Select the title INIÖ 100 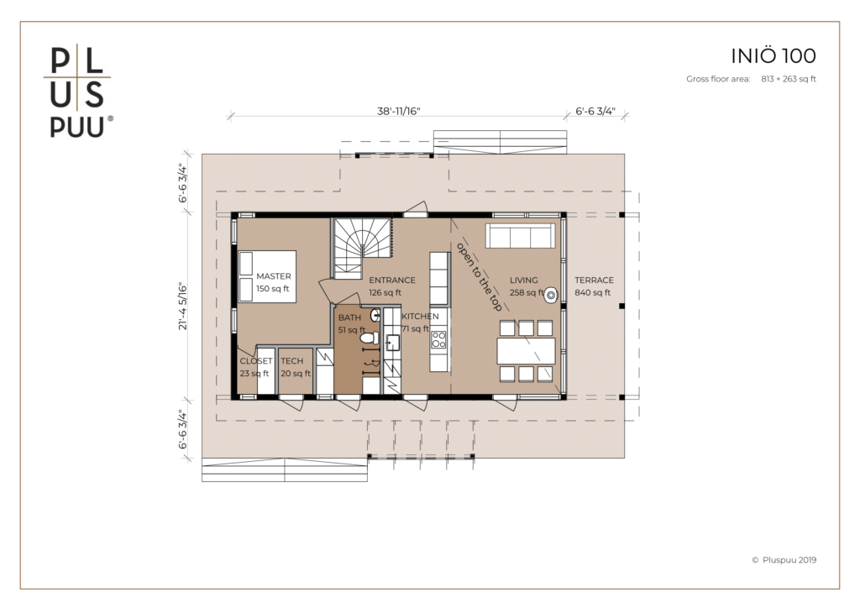773,56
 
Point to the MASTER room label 274,276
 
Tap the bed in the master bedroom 267,276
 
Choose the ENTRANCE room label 392,280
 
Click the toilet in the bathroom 370,337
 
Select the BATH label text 349,317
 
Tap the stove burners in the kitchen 438,340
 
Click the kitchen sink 392,343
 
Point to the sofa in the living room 520,236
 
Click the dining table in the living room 526,351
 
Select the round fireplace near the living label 551,296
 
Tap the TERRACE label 594,280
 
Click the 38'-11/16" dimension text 399,112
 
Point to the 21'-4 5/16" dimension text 182,307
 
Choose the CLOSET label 256,361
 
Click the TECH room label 291,361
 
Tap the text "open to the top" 479,276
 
